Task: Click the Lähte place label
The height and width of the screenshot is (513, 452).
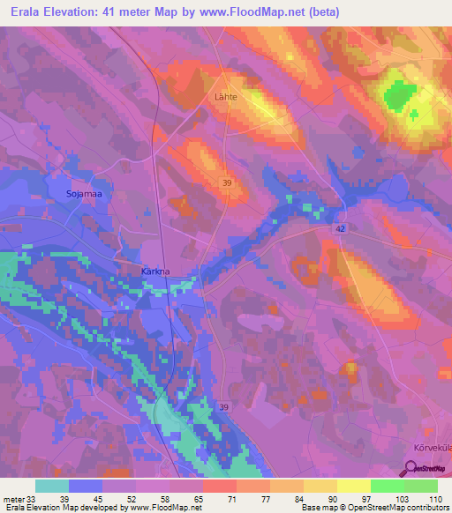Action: (226, 98)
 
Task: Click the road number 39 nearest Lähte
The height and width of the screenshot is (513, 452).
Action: (228, 182)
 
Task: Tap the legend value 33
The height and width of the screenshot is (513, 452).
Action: (36, 498)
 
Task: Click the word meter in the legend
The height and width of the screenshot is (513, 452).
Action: (12, 498)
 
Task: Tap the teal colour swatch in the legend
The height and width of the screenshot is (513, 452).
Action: (52, 486)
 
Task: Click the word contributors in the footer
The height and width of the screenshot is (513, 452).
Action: (426, 509)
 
